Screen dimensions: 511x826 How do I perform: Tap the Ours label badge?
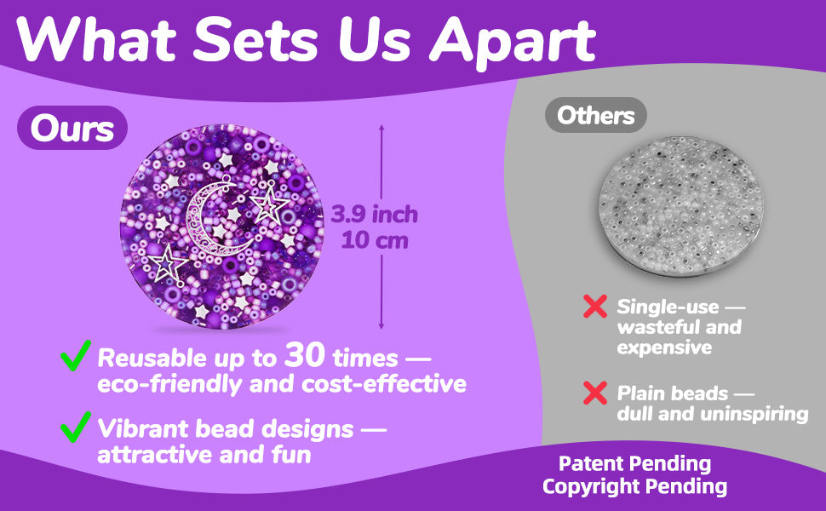point(72,129)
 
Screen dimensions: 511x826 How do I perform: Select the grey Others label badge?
point(596,115)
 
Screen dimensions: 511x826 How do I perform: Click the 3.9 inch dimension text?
point(375,213)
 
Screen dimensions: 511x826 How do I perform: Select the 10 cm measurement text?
point(375,240)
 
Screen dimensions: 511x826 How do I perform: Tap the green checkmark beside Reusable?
point(76,355)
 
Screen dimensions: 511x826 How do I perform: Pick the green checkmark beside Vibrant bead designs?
point(76,425)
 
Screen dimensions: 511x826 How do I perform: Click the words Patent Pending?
point(634,464)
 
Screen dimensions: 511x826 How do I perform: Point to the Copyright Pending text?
point(634,487)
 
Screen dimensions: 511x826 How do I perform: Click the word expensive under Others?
point(664,347)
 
